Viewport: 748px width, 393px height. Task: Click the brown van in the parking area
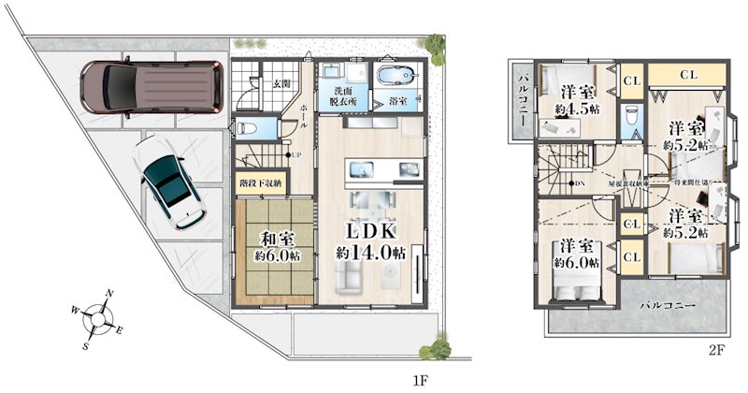point(150,86)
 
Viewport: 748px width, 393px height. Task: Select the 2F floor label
point(717,351)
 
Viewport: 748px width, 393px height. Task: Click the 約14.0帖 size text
point(371,252)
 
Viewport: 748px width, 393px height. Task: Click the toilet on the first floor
point(245,127)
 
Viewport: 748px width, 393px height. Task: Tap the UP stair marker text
point(295,155)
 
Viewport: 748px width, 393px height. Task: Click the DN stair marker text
point(581,182)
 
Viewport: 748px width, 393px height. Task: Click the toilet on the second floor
point(631,117)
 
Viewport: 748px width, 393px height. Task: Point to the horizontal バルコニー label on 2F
point(667,305)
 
